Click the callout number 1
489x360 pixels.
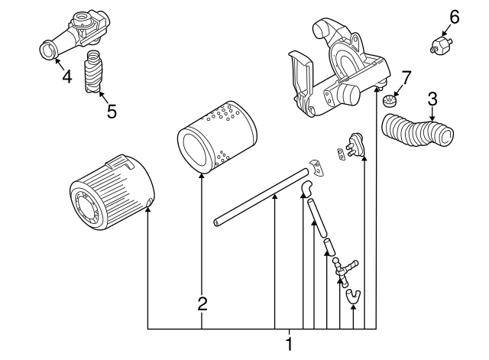tap(289, 344)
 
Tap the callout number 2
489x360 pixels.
tap(202, 303)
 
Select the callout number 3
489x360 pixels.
tap(432, 98)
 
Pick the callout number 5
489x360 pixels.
tap(112, 111)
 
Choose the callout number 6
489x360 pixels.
tap(455, 15)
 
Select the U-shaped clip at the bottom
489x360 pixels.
tap(352, 294)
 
